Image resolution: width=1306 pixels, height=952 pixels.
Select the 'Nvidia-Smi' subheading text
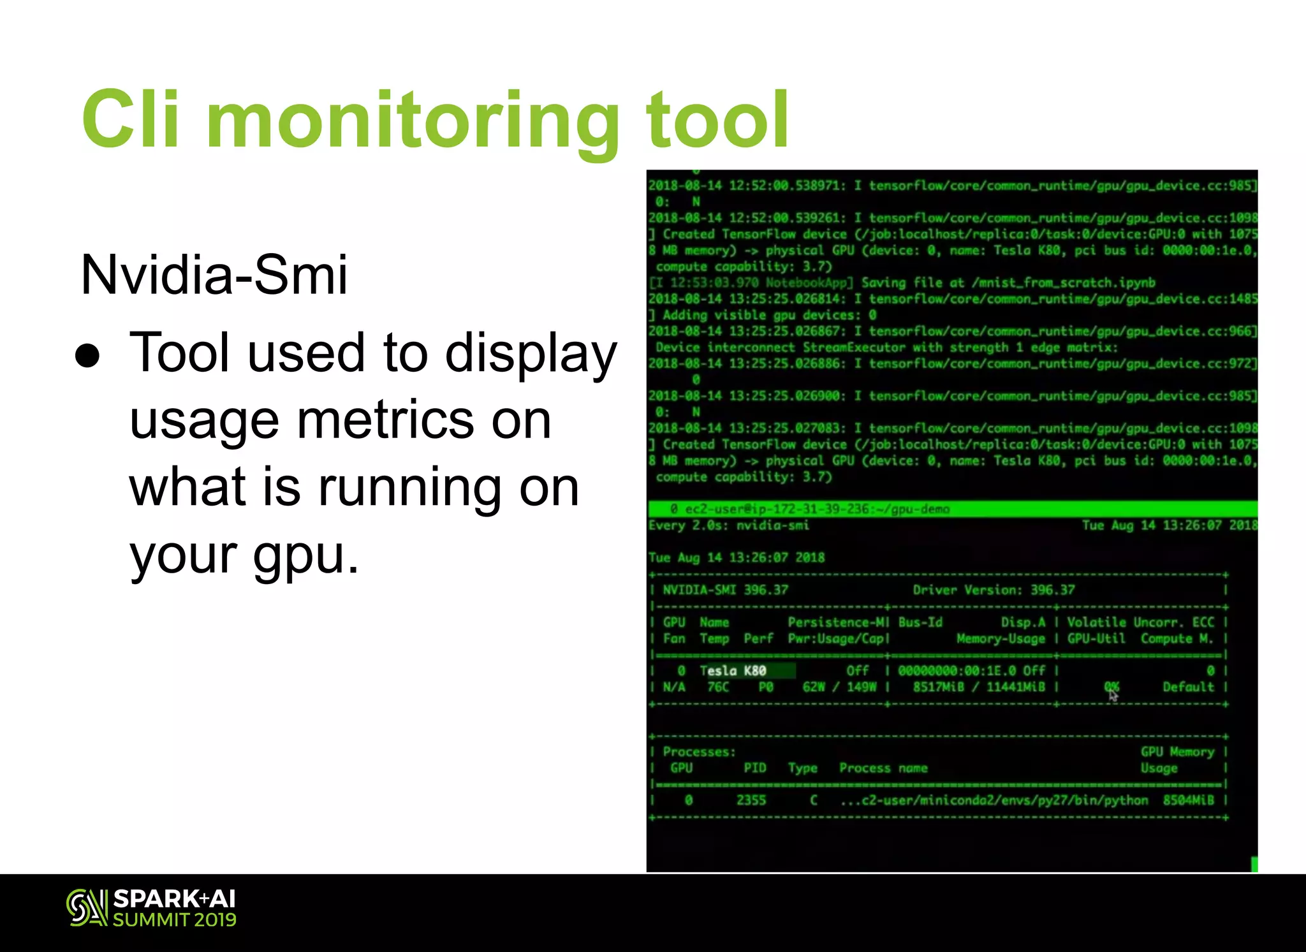pyautogui.click(x=214, y=275)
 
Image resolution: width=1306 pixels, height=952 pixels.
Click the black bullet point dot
pyautogui.click(x=87, y=356)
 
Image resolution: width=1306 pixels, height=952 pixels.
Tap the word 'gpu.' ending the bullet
pyautogui.click(x=305, y=554)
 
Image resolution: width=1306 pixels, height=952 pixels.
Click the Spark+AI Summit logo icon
pyautogui.click(x=86, y=907)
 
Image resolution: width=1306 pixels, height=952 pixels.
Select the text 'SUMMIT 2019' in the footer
pyautogui.click(x=175, y=919)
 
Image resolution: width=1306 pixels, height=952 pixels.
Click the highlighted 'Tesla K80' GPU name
pyautogui.click(x=733, y=671)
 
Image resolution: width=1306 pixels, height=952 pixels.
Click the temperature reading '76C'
pyautogui.click(x=717, y=687)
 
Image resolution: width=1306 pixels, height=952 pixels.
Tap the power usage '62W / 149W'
pyautogui.click(x=839, y=687)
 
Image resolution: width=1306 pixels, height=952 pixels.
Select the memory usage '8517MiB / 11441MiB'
pyautogui.click(x=979, y=687)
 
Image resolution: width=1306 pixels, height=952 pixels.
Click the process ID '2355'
pyautogui.click(x=751, y=800)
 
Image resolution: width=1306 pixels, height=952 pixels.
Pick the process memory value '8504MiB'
pyautogui.click(x=1188, y=800)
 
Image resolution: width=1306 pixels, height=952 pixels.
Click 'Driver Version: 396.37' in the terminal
pyautogui.click(x=994, y=590)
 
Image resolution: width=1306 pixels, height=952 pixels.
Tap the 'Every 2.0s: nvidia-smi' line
pyautogui.click(x=728, y=525)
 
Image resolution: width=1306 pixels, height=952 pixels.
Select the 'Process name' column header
pyautogui.click(x=883, y=768)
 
